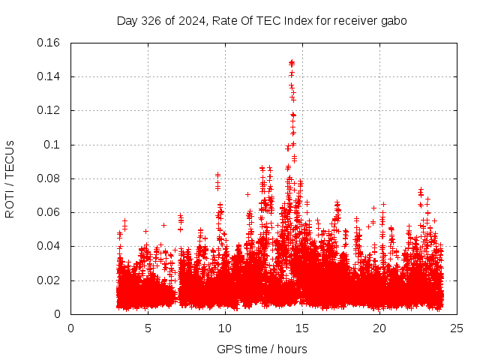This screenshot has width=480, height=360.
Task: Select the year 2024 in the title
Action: [x=187, y=21]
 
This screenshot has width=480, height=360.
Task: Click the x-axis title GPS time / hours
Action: [x=262, y=349]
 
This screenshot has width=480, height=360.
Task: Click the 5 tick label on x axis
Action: [x=148, y=328]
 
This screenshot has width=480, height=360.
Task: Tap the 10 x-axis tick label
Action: [x=225, y=328]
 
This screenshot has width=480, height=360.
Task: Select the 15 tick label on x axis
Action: [x=302, y=328]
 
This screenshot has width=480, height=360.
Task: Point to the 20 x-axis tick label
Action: [x=379, y=328]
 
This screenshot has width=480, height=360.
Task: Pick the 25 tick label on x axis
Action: [x=457, y=328]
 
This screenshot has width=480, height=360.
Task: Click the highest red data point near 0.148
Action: [x=292, y=63]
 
